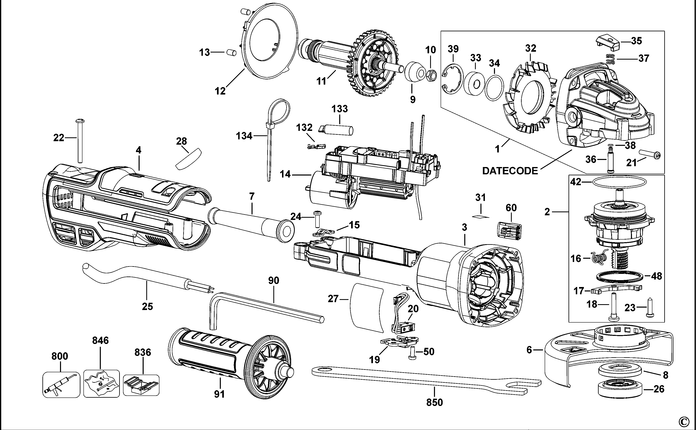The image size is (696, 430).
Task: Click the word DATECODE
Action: pyautogui.click(x=510, y=171)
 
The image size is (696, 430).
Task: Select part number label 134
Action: pyautogui.click(x=244, y=136)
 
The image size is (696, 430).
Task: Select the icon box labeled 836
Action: pyautogui.click(x=141, y=385)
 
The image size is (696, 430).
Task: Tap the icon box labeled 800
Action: pyautogui.click(x=61, y=385)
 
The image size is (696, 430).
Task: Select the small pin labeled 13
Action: pyautogui.click(x=232, y=53)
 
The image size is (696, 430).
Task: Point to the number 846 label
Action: pyautogui.click(x=100, y=340)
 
